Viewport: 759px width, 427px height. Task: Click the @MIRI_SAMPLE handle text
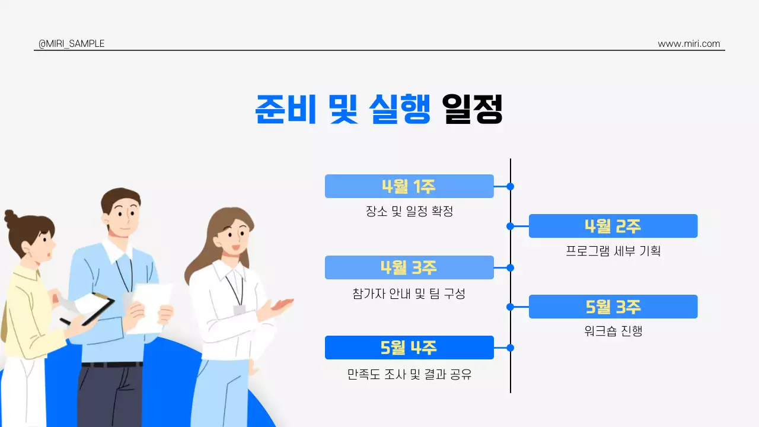point(71,44)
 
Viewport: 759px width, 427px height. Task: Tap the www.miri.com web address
point(688,44)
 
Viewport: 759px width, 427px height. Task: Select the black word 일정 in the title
point(473,109)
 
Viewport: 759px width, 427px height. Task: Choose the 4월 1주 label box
point(409,186)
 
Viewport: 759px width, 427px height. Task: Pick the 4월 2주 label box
point(613,226)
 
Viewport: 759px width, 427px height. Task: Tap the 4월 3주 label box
point(409,267)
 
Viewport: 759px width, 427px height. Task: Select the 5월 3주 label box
point(613,307)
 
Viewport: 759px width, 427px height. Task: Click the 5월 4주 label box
point(409,348)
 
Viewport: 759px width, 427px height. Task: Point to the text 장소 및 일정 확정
point(409,211)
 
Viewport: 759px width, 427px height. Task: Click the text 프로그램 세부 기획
point(613,251)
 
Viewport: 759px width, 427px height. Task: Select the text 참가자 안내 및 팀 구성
point(409,293)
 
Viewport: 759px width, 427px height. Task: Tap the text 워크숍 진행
point(613,331)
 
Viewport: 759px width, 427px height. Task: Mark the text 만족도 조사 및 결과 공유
point(409,375)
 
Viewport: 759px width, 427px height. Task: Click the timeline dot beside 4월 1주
point(510,186)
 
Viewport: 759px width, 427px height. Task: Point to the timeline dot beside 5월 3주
point(510,307)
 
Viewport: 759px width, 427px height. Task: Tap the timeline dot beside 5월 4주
point(510,348)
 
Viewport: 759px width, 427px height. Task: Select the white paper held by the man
point(150,307)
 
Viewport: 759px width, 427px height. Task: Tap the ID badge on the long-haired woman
point(240,310)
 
